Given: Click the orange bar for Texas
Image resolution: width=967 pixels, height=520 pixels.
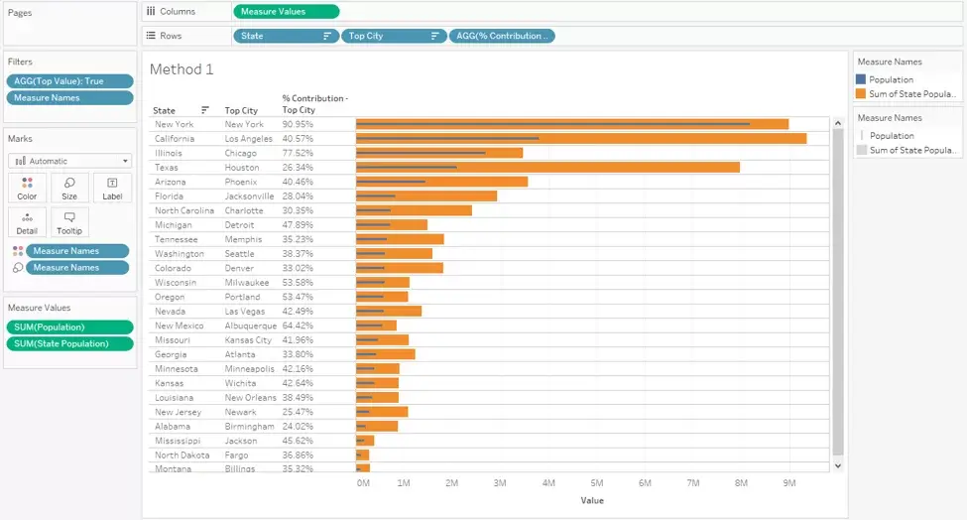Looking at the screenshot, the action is (x=547, y=167).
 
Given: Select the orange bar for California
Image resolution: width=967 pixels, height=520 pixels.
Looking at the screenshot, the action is (x=581, y=139).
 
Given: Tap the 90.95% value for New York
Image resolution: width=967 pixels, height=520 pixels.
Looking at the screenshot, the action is (x=298, y=124).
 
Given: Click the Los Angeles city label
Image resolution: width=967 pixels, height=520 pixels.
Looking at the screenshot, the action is (x=249, y=139).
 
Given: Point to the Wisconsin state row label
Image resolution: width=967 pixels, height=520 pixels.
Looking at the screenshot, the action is (x=176, y=283).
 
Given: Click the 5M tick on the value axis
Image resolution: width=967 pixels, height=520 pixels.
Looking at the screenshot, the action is (x=596, y=483).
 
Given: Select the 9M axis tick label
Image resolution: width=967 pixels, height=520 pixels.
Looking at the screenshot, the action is (x=789, y=483).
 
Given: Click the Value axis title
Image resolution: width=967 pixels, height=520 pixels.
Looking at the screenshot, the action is (x=592, y=500).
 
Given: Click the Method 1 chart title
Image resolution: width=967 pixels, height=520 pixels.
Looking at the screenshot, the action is (x=181, y=69).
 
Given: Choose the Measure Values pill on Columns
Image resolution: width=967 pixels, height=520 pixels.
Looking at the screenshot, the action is (x=287, y=11).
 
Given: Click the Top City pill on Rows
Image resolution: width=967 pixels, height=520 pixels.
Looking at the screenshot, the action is (x=394, y=36).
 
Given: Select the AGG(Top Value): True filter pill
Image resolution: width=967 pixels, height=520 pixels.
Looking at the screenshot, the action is (x=69, y=80).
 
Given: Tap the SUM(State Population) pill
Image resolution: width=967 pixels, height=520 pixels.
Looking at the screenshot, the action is (x=69, y=343).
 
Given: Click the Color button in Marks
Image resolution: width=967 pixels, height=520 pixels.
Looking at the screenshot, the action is (x=27, y=189).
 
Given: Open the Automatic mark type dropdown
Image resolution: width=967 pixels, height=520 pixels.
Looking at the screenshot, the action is (x=69, y=161).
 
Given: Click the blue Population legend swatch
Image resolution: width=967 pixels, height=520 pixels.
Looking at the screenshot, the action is (x=861, y=79).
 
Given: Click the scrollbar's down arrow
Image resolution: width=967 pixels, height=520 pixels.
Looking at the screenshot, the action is (x=837, y=465).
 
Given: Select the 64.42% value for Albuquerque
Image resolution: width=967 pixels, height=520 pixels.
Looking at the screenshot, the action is (x=298, y=325).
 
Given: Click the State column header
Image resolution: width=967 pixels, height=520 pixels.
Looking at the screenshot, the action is (x=164, y=110).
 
